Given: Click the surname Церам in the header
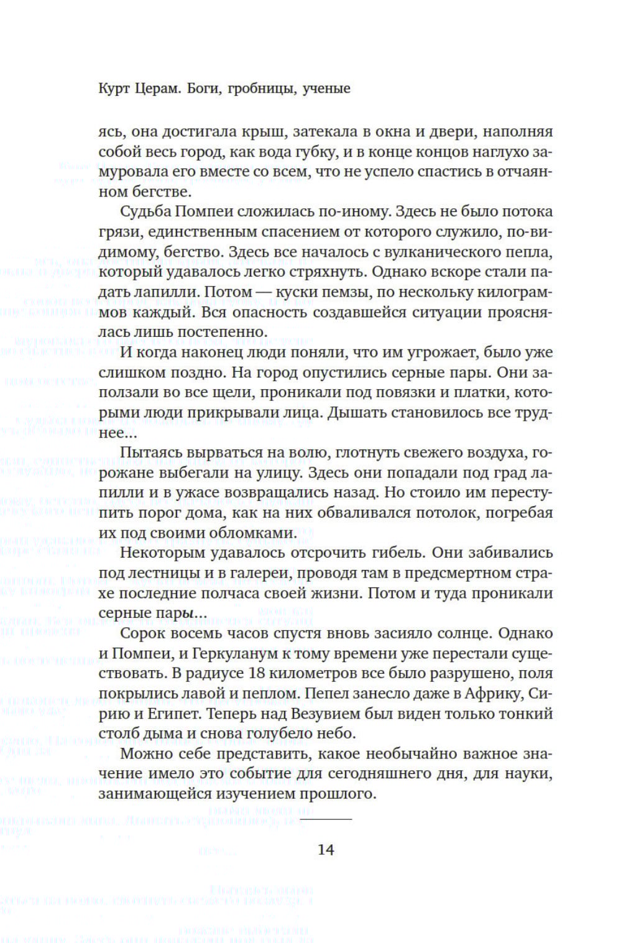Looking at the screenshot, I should pyautogui.click(x=157, y=88).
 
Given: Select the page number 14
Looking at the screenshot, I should pyautogui.click(x=326, y=849).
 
